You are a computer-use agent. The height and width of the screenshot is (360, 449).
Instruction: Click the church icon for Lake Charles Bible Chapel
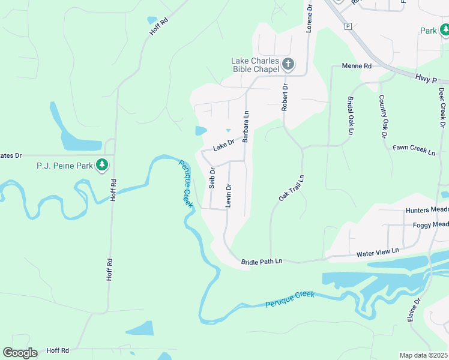(288, 64)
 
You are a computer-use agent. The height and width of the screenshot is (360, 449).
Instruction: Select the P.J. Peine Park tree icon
(102, 165)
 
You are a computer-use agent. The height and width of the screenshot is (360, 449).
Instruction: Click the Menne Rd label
(357, 66)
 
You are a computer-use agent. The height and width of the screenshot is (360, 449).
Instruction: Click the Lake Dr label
(223, 145)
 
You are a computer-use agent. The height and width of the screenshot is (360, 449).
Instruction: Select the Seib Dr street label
(212, 178)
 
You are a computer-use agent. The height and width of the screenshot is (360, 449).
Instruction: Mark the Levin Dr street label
(228, 196)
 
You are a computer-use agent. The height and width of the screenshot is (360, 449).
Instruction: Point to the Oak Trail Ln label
(292, 188)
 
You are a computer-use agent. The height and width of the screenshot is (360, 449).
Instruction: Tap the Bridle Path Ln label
(261, 262)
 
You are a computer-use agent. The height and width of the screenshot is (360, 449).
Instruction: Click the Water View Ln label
(378, 253)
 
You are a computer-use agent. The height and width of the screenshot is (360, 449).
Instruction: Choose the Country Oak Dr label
(382, 116)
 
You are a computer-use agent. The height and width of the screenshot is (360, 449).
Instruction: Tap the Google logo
(20, 353)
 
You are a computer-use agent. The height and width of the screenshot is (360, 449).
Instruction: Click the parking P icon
(348, 26)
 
